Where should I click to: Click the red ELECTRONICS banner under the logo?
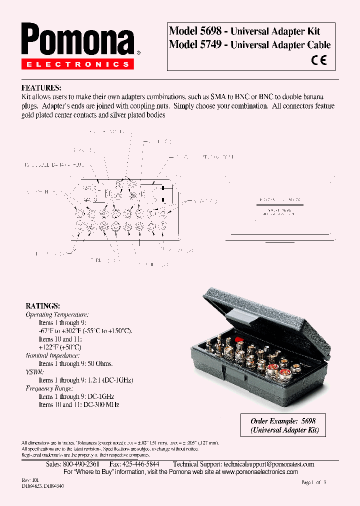click(77, 64)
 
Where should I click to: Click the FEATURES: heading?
click(41, 87)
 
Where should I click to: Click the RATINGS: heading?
click(43, 305)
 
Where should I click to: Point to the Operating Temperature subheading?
click(57, 314)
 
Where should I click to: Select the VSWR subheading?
click(34, 372)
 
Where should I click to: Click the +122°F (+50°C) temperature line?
click(60, 347)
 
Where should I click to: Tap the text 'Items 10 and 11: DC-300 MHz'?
click(79, 404)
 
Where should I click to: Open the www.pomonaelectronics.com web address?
click(259, 472)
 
